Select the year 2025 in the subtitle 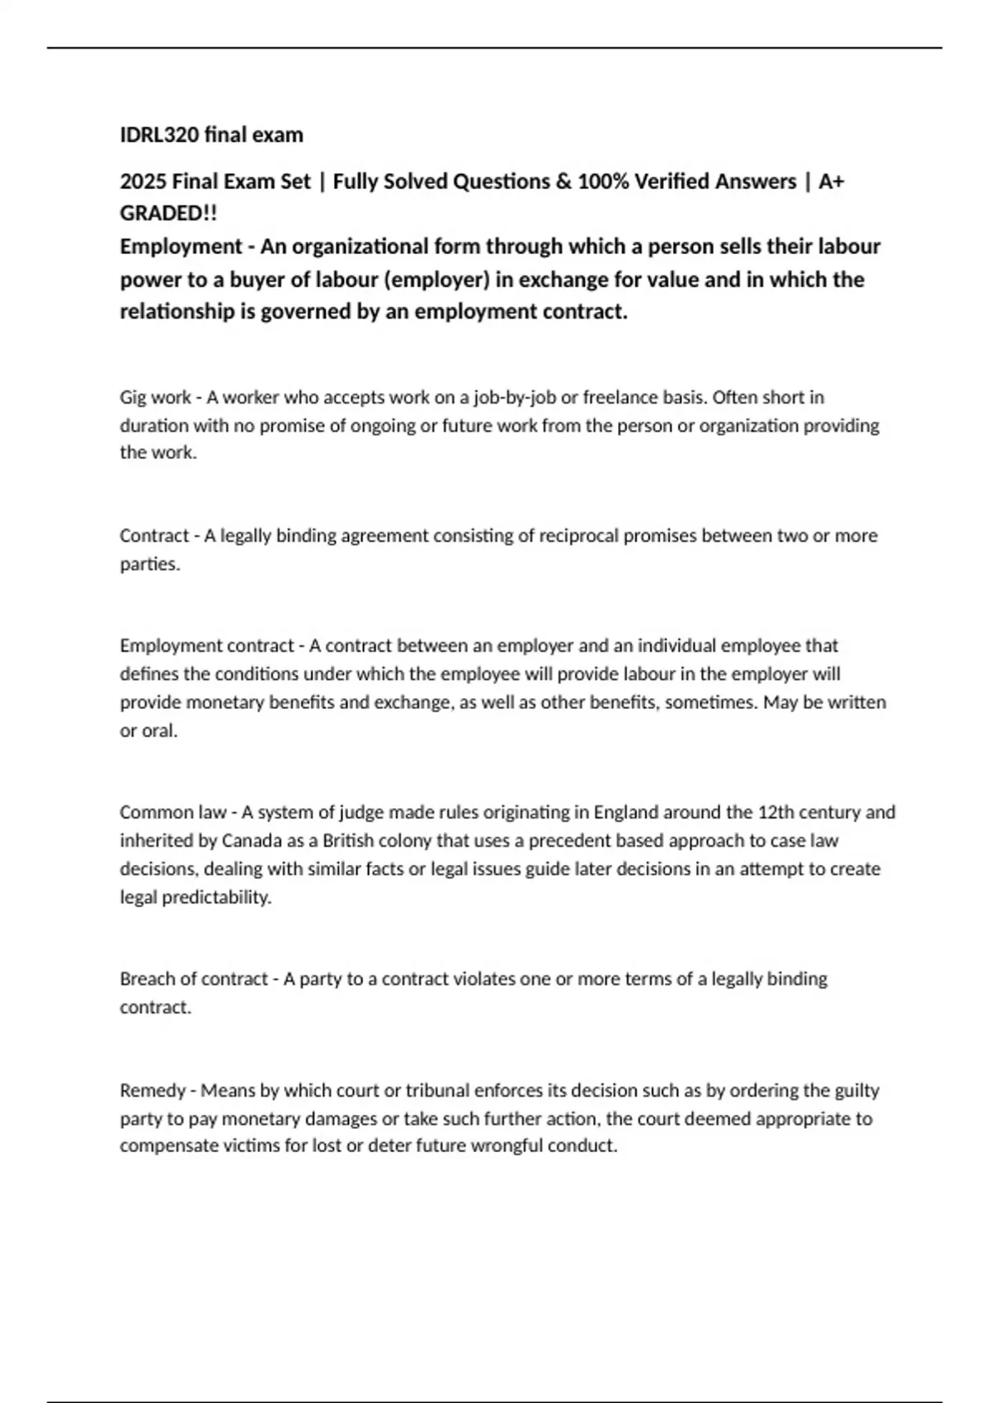144,182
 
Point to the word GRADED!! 168,213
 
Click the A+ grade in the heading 831,182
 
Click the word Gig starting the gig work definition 133,398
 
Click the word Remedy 152,1091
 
